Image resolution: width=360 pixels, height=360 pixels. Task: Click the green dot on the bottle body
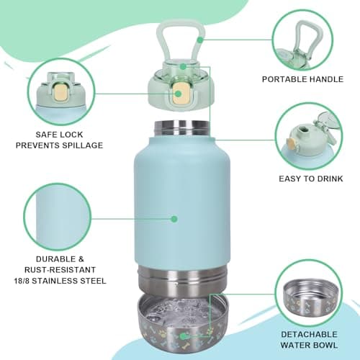click(174, 217)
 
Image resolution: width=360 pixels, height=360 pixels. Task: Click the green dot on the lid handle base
click(184, 66)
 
